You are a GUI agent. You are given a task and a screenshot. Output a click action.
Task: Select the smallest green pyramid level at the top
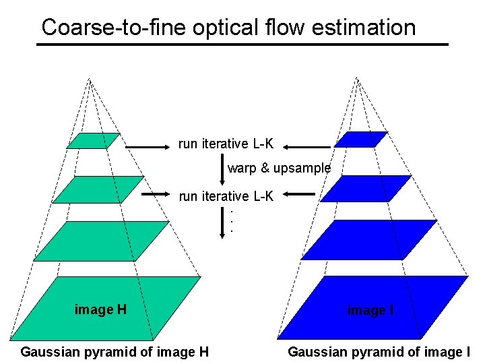[93, 140]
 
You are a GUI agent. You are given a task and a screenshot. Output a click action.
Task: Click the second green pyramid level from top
[98, 189]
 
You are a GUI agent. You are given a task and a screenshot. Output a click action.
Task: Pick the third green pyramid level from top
[101, 241]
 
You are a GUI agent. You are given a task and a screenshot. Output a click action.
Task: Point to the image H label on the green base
[100, 310]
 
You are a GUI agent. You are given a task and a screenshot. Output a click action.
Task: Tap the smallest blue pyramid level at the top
[361, 140]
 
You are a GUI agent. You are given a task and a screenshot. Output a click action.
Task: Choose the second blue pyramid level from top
[365, 188]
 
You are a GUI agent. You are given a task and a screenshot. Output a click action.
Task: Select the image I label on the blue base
[370, 311]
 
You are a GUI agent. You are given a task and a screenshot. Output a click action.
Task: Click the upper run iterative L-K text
[226, 144]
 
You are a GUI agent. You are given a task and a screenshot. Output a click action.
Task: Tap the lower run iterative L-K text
[226, 196]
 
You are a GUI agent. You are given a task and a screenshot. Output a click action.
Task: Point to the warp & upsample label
[279, 168]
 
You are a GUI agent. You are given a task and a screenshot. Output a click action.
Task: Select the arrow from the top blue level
[306, 145]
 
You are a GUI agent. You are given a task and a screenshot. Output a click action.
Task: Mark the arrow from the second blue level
[299, 194]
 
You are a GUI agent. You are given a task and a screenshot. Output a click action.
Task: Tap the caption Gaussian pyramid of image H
[115, 351]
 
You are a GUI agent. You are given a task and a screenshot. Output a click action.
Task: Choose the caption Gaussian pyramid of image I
[379, 351]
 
